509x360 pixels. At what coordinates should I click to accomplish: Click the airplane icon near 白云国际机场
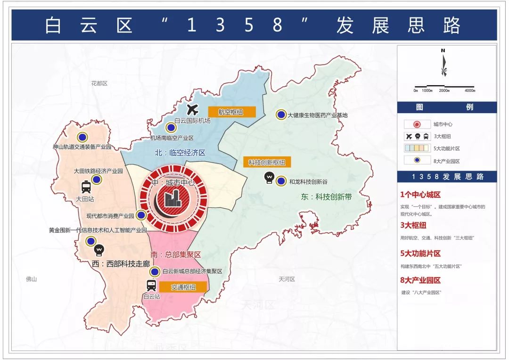pos(192,110)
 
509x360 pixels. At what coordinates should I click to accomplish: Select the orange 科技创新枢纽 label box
pos(267,163)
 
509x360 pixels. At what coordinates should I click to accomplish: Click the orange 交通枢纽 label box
pos(183,287)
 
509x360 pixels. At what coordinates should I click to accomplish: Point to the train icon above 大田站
pos(86,187)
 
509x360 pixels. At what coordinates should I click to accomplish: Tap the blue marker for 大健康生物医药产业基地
pos(281,115)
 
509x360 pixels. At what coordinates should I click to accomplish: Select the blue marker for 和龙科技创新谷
pos(281,180)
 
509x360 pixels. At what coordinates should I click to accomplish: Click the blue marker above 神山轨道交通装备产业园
pos(82,137)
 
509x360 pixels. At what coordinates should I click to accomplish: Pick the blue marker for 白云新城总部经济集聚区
pos(155,271)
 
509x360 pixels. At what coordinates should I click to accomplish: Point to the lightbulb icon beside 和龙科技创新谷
pos(269,178)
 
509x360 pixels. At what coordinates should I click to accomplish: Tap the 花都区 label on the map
pos(99,83)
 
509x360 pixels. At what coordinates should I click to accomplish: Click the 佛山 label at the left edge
pos(31,279)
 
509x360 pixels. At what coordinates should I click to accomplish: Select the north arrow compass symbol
pos(443,64)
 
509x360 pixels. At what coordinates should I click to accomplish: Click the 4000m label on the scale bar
pos(469,90)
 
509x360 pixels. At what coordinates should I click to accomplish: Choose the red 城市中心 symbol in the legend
pos(417,124)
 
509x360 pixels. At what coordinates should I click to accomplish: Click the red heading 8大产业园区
pos(420,280)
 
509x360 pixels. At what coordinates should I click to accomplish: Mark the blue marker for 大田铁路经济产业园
pos(97,180)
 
